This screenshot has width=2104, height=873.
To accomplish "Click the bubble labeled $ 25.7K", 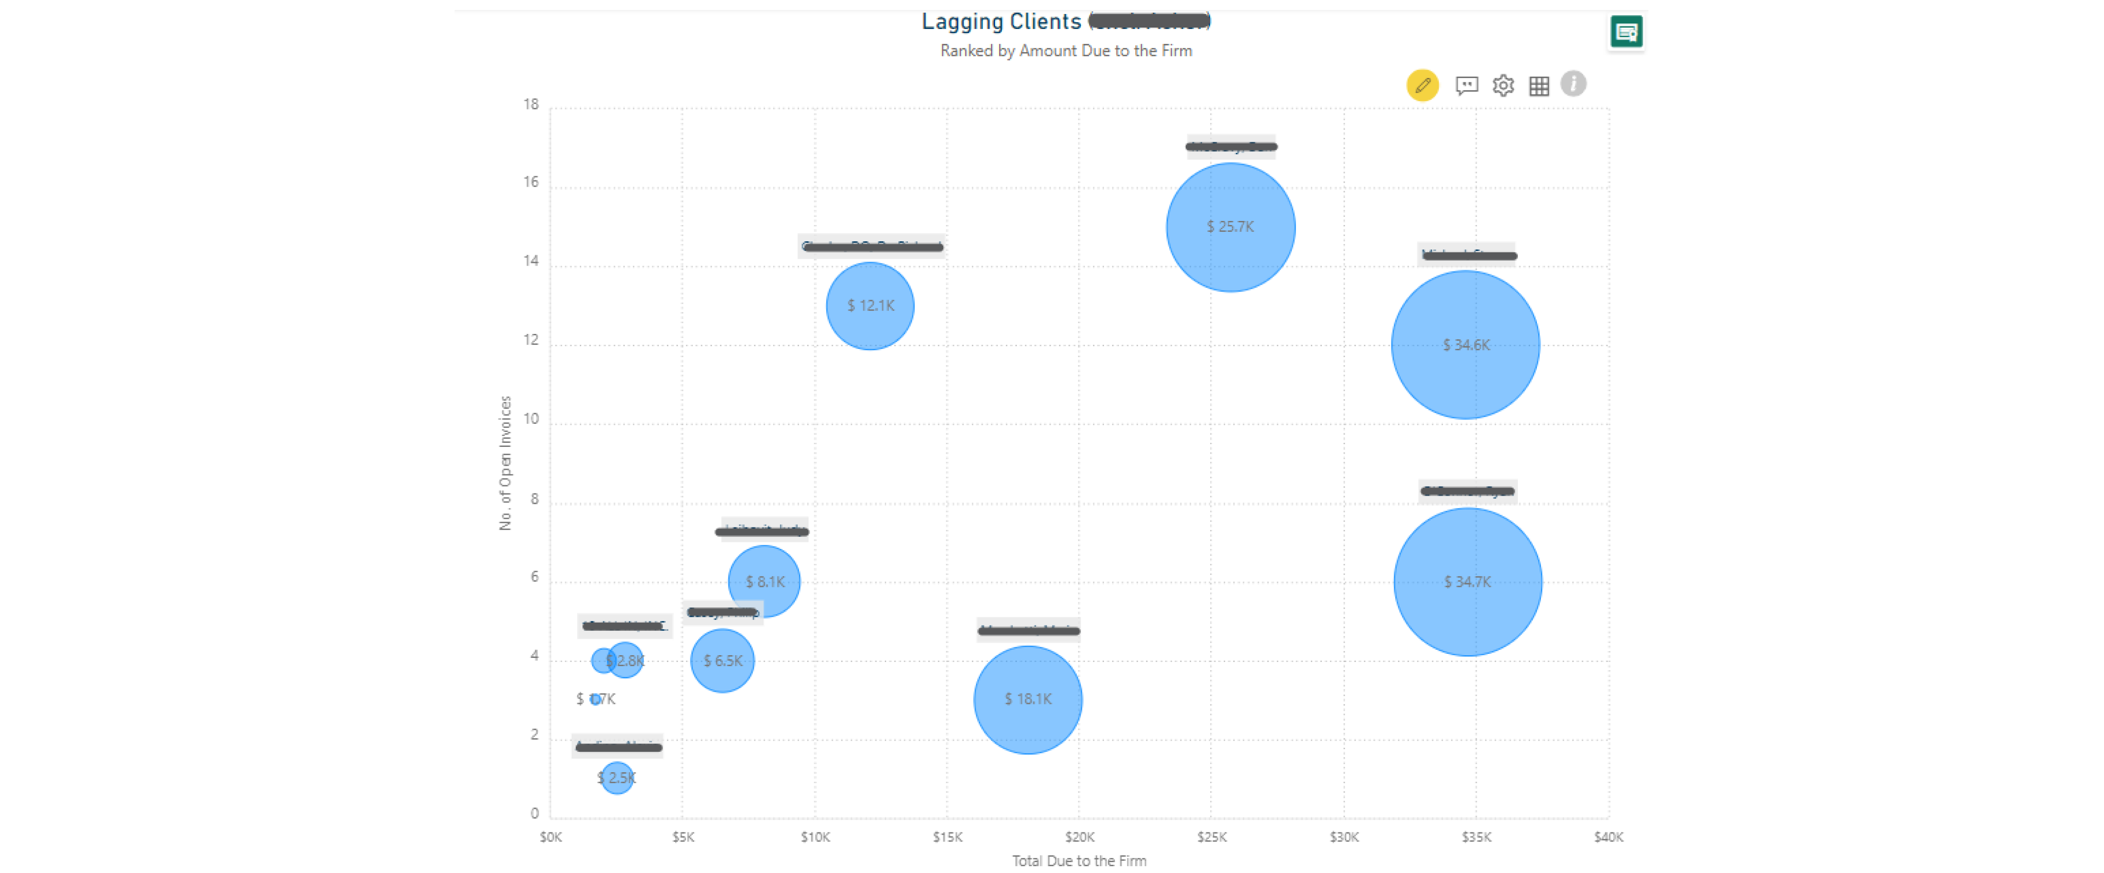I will [1230, 227].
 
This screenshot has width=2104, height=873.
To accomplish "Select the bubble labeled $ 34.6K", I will [1465, 345].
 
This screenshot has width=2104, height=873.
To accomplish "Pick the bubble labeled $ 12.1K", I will [870, 305].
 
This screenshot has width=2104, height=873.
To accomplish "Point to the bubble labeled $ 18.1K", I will [1028, 699].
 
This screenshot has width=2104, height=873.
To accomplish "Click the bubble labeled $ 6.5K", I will [722, 661].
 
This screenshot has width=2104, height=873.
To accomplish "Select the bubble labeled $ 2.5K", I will [617, 778].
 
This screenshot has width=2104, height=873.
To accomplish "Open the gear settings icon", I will [1503, 85].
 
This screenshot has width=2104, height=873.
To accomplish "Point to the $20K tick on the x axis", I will [1079, 837].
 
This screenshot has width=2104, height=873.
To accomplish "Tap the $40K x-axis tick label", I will [1608, 837].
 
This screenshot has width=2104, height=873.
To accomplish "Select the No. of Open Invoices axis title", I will [506, 463].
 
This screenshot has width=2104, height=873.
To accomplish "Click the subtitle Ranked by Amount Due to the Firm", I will [1066, 51].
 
